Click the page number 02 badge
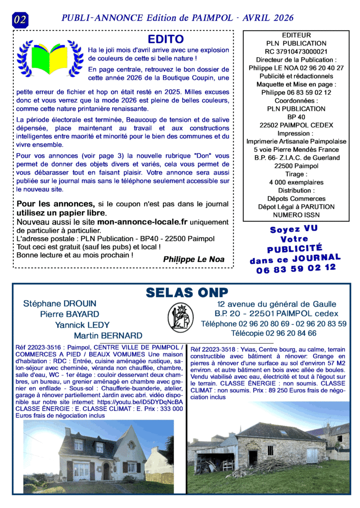click(x=20, y=19)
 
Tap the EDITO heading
click(x=166, y=39)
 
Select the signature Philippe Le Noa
click(x=194, y=259)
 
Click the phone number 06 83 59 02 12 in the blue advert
click(x=296, y=270)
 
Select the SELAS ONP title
click(x=187, y=293)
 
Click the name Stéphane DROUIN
click(x=60, y=304)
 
